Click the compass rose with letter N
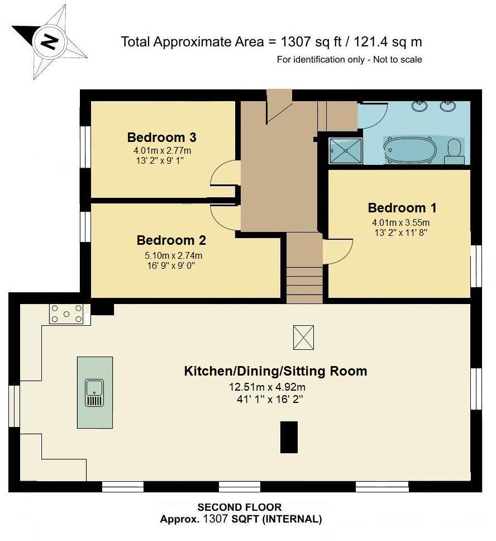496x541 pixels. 50,42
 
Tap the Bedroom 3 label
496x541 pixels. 161,137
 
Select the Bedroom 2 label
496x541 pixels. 171,240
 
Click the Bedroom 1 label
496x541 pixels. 402,208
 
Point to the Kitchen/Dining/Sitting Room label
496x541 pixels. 275,371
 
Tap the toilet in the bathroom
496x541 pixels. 455,150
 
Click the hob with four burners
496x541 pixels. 66,314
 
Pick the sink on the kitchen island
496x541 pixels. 94,392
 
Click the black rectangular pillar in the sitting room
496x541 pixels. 288,438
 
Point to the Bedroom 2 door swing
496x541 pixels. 225,215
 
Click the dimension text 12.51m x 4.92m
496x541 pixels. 267,387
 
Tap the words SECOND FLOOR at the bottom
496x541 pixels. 240,507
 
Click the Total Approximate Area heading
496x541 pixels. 271,42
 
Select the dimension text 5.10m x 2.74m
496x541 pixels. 173,256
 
